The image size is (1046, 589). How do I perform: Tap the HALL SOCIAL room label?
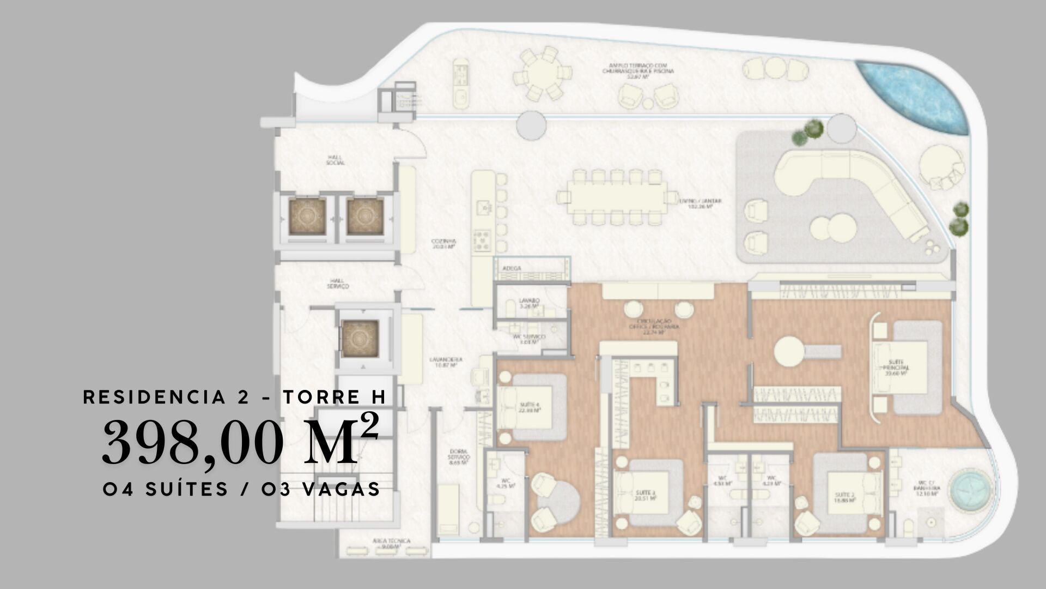coord(336,159)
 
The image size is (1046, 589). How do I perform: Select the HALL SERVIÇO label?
coord(338,284)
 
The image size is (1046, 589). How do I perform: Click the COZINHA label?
coord(443,243)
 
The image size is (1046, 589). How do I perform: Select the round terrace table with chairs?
coord(543,74)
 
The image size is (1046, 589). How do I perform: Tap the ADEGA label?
coord(512,268)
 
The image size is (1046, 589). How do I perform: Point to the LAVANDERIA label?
coord(446,362)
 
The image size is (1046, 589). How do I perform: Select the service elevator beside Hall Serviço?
coord(360,338)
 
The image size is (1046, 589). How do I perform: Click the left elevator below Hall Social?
coord(307,217)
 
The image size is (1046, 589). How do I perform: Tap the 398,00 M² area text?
coord(240,442)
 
